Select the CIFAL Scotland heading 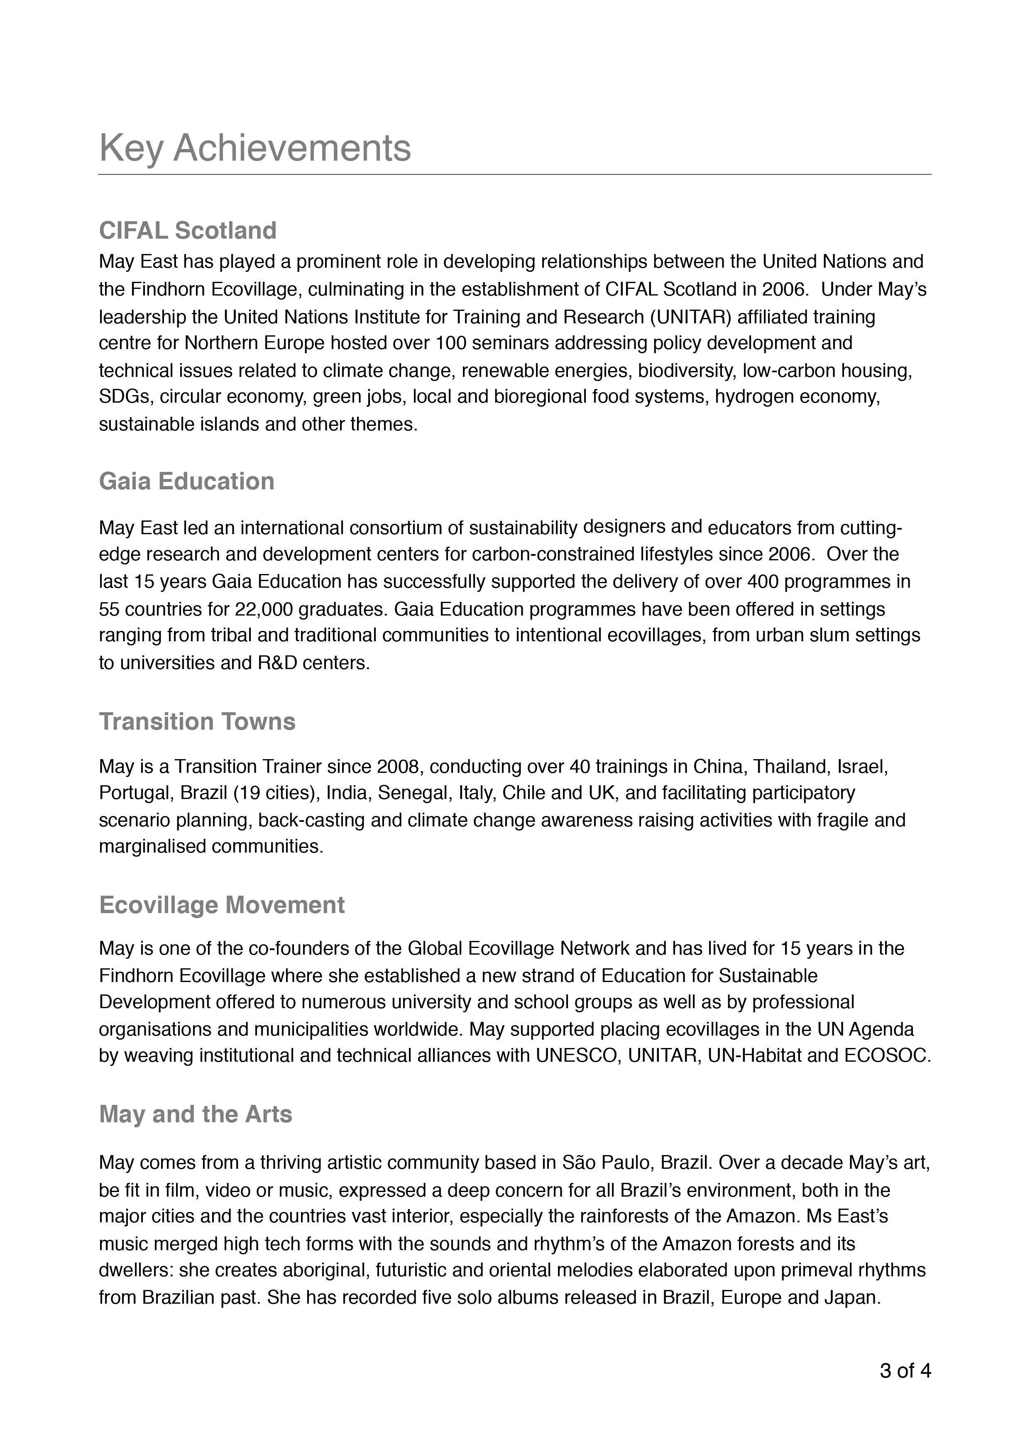click(188, 230)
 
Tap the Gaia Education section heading click(186, 481)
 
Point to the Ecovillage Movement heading click(222, 905)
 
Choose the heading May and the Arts click(196, 1114)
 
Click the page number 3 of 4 click(905, 1371)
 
